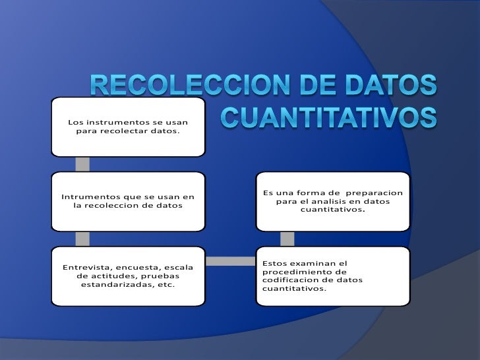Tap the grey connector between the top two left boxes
(82, 164)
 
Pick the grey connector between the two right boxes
(287, 238)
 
